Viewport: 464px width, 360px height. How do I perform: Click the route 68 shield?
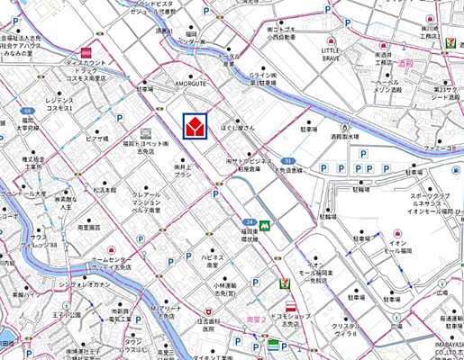(x=28, y=112)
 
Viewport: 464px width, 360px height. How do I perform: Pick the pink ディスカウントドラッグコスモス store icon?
(x=86, y=52)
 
